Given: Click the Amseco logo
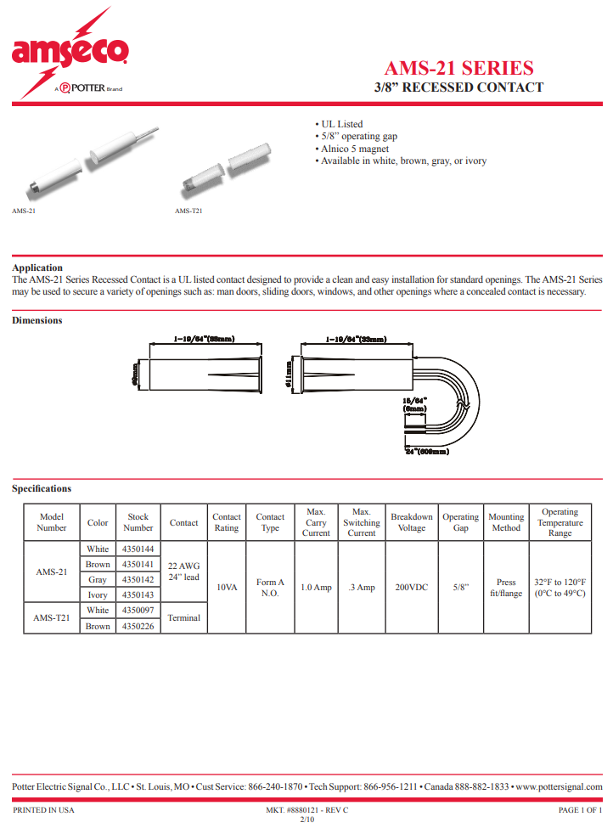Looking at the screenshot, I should point(70,53).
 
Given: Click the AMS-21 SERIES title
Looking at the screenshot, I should point(458,68).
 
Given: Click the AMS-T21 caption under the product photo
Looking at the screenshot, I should point(188,211).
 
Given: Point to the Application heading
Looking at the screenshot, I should point(37,268).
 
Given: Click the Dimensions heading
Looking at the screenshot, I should point(37,320).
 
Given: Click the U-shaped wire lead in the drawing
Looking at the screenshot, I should point(463,399).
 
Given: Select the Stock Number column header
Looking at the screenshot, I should point(138,522).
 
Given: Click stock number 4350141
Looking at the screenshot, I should point(138,565).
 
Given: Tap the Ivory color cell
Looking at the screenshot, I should point(98,595).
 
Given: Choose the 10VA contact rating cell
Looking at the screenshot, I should point(227,587).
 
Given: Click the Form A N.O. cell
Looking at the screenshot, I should point(270,587).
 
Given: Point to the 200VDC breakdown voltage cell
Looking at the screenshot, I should point(412,587).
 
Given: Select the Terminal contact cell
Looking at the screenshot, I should point(184,618).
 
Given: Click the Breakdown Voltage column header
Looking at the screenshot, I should point(412,522).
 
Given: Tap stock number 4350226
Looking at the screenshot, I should point(138,627).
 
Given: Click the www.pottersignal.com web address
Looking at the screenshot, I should point(559,786).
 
